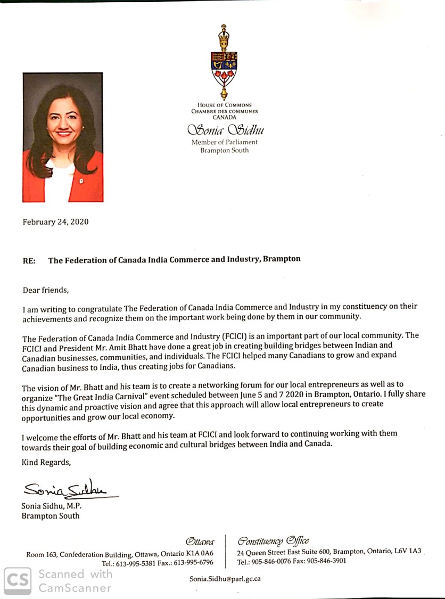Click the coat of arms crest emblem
[x=225, y=61]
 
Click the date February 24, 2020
[x=55, y=222]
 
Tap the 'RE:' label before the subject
[x=29, y=260]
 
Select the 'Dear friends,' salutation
[x=46, y=290]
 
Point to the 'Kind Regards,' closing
[x=46, y=462]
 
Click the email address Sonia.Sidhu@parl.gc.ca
[x=225, y=578]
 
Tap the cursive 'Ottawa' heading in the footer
[x=200, y=542]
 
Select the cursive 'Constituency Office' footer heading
[x=274, y=541]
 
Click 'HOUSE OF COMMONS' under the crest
[x=225, y=105]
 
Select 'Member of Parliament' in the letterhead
[x=225, y=142]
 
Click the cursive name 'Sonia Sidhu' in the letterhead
[x=225, y=130]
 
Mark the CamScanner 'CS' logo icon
[x=17, y=580]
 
